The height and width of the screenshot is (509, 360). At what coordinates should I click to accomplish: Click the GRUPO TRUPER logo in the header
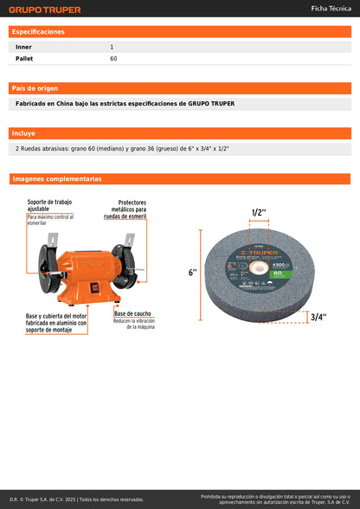click(x=45, y=10)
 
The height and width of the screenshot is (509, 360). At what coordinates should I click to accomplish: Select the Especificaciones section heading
click(x=38, y=31)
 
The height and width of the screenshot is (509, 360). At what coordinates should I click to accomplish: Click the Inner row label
click(x=23, y=46)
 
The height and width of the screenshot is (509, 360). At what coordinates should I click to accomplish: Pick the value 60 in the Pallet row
click(x=113, y=58)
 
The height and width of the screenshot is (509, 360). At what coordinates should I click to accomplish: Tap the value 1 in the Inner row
click(x=112, y=46)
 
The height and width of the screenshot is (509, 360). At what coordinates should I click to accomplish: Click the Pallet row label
click(x=24, y=58)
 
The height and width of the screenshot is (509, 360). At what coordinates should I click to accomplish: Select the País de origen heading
click(x=35, y=88)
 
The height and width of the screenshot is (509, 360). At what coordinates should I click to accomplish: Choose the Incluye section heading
click(x=24, y=133)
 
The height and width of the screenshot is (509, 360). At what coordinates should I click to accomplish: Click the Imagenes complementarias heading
click(x=57, y=179)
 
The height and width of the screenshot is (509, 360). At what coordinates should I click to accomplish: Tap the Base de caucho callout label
click(x=133, y=313)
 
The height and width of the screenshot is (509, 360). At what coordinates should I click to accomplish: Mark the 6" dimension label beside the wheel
click(x=192, y=272)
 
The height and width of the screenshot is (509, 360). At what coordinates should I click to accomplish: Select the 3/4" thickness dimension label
click(x=318, y=317)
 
